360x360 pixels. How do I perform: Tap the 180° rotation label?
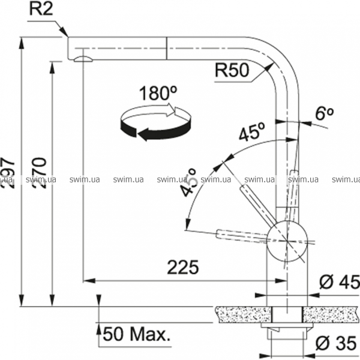(x=157, y=94)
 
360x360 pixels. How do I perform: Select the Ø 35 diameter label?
(x=338, y=344)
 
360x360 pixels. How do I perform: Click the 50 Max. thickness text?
(x=137, y=334)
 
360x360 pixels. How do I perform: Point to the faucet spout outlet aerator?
(x=82, y=58)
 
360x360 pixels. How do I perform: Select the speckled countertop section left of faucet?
(x=240, y=314)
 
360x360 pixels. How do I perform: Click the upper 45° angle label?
(x=251, y=134)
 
